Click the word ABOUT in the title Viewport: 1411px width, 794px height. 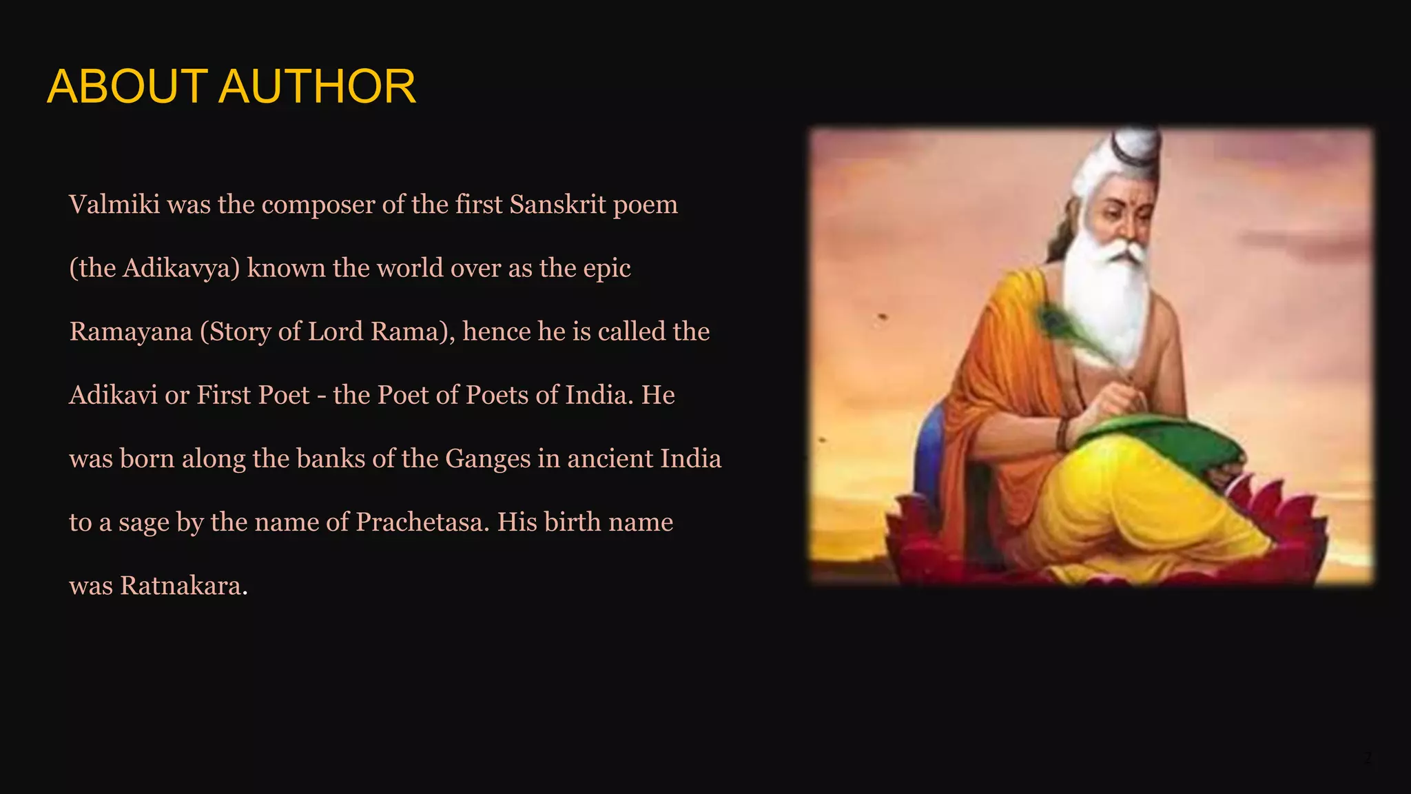coord(127,87)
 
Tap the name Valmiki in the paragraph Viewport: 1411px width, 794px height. coord(114,205)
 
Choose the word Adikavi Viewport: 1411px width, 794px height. coord(113,395)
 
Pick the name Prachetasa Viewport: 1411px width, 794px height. coord(422,522)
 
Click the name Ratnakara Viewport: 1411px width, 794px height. coord(183,586)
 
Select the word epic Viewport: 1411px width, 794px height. coord(607,269)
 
